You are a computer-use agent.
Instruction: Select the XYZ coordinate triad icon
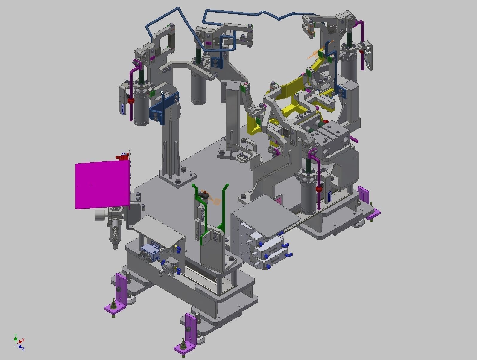click(x=19, y=342)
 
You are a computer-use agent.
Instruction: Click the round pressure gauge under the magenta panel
click(x=99, y=215)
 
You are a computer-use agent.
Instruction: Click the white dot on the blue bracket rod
click(x=162, y=92)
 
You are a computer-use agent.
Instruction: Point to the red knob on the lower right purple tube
click(x=319, y=189)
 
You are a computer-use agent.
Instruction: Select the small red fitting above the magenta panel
click(x=122, y=157)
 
